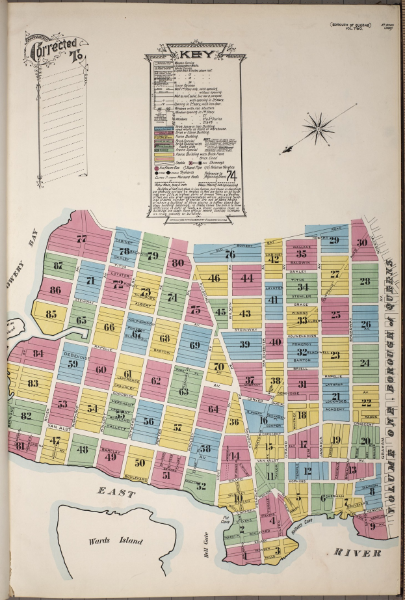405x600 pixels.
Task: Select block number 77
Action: pos(81,239)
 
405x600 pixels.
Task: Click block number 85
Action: pos(51,315)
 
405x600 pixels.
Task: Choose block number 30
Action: pos(361,242)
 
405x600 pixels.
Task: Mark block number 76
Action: pos(229,254)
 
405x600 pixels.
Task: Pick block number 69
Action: pos(194,345)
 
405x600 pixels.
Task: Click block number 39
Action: pos(244,344)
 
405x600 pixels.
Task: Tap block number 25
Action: pos(335,314)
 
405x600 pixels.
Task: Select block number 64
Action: pos(213,409)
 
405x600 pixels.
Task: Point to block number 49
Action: pos(111,456)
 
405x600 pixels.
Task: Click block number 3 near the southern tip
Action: pos(278,551)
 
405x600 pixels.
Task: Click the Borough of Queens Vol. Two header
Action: pos(351,26)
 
